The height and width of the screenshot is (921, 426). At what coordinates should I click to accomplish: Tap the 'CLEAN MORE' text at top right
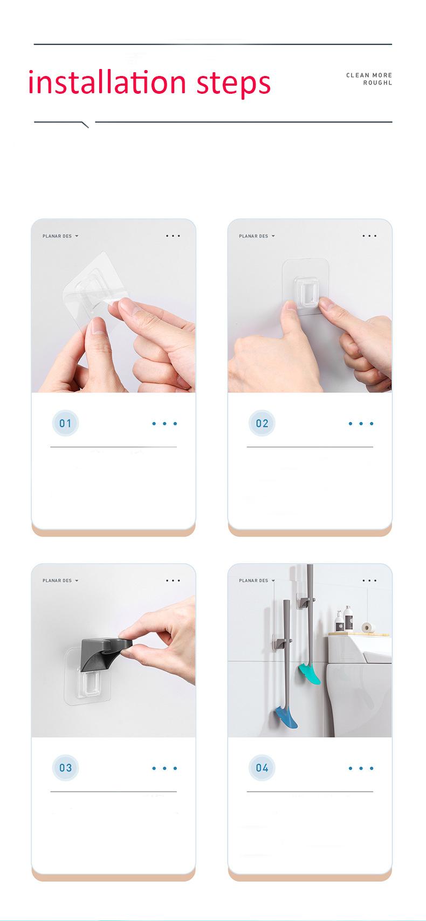coord(369,75)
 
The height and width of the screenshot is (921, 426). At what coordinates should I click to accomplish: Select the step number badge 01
coord(65,423)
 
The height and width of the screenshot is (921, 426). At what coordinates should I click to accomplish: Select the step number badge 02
coord(262,423)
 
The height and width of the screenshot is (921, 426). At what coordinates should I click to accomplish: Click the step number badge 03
coord(65,768)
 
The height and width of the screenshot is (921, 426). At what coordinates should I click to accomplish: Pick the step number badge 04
coord(262,768)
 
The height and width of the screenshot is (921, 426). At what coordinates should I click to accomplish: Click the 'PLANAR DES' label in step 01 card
coord(57,236)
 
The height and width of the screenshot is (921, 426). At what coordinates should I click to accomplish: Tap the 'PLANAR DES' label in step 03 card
coord(57,580)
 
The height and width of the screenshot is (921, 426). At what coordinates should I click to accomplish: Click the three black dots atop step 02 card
coord(369,236)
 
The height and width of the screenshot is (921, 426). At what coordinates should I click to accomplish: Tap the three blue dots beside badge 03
coord(164,768)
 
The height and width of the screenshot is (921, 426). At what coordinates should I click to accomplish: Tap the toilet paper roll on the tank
coord(368,627)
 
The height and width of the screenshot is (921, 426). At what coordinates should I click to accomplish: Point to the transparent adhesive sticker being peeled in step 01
coord(92,291)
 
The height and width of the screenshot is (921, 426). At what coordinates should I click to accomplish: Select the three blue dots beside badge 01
coord(164,424)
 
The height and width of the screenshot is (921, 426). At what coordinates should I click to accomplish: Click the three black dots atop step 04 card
coord(369,580)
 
